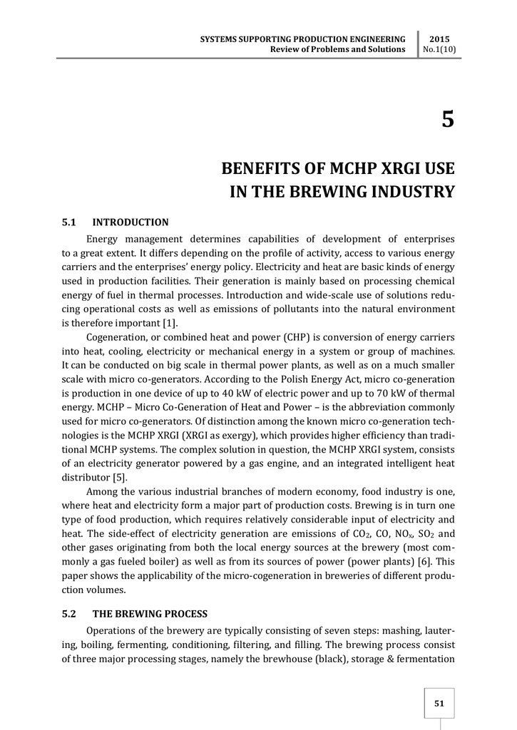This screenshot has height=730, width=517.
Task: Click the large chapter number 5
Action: click(x=447, y=120)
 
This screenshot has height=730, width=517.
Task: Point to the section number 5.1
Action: click(x=69, y=222)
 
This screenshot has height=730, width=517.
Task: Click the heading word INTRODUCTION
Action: click(x=130, y=222)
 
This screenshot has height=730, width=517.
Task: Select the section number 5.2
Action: click(x=70, y=614)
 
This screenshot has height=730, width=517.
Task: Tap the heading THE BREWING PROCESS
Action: click(x=150, y=614)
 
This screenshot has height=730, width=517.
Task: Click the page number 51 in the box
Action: click(x=439, y=704)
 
